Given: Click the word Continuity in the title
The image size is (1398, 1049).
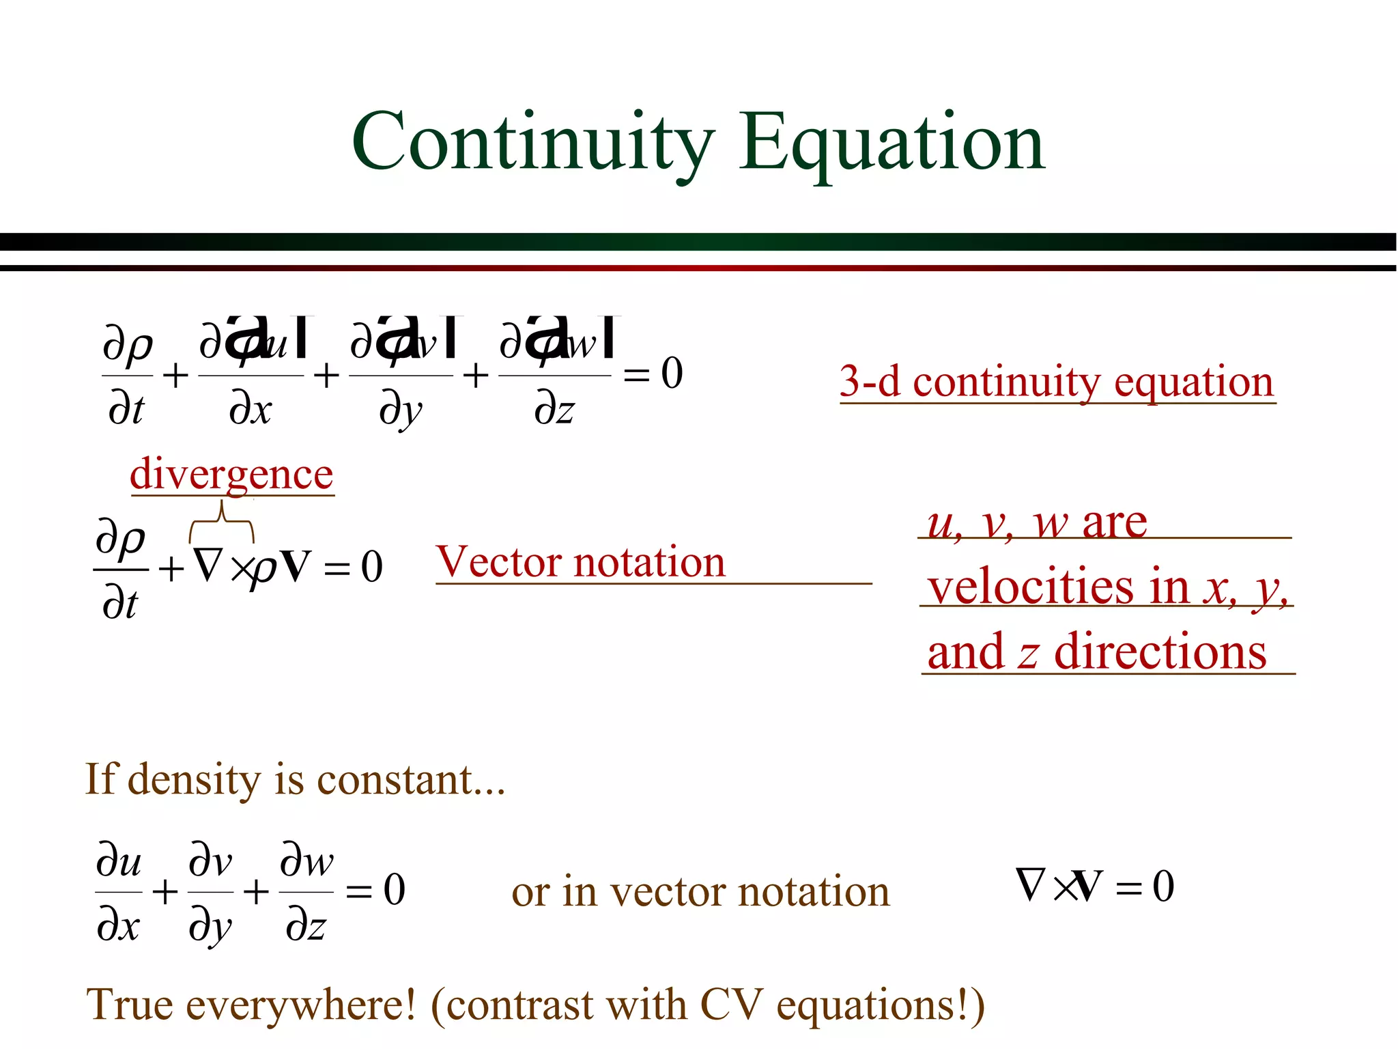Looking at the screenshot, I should pyautogui.click(x=532, y=143).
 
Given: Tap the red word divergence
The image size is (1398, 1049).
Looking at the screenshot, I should pyautogui.click(x=231, y=474).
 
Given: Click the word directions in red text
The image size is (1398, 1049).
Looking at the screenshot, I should pyautogui.click(x=1160, y=652).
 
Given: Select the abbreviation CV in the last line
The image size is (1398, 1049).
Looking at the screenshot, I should pyautogui.click(x=731, y=1005).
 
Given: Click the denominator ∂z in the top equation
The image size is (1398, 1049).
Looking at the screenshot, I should pyautogui.click(x=554, y=410).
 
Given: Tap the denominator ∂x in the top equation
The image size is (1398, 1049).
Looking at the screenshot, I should pyautogui.click(x=250, y=410).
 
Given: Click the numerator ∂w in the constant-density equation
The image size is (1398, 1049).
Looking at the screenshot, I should pyautogui.click(x=306, y=862).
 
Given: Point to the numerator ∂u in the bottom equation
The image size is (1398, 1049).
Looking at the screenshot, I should pyautogui.click(x=119, y=862).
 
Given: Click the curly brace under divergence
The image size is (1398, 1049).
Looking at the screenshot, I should pyautogui.click(x=221, y=523).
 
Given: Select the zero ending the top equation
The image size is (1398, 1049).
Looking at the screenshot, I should pyautogui.click(x=672, y=374).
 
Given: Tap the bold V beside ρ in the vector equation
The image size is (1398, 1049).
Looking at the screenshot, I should pyautogui.click(x=296, y=566).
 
